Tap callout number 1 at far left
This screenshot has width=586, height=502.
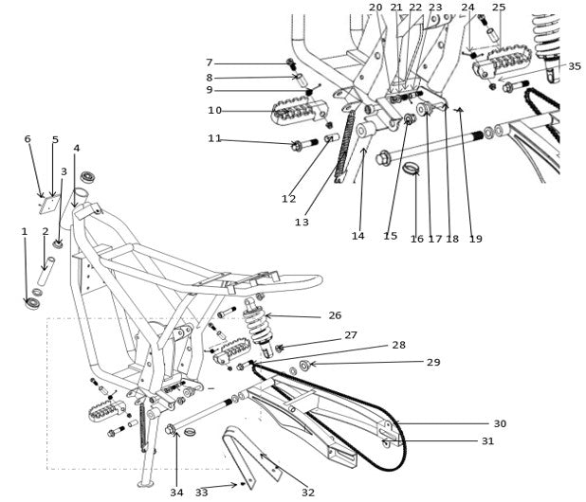(25, 231)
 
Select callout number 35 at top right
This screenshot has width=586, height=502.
(575, 66)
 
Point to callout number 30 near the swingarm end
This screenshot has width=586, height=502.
(500, 423)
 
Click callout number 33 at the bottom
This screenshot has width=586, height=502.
(201, 493)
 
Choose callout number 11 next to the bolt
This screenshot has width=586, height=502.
(214, 138)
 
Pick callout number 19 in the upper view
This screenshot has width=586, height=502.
(475, 239)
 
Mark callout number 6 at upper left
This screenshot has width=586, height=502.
(27, 139)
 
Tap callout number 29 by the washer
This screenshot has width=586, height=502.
(433, 363)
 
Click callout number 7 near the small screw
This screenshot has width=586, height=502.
(210, 63)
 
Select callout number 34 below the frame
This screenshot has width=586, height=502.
(176, 493)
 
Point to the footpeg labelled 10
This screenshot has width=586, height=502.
(288, 115)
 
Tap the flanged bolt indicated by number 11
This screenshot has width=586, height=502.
(299, 146)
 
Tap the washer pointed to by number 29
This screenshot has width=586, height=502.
(303, 365)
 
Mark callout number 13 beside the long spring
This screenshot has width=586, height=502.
(302, 223)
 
